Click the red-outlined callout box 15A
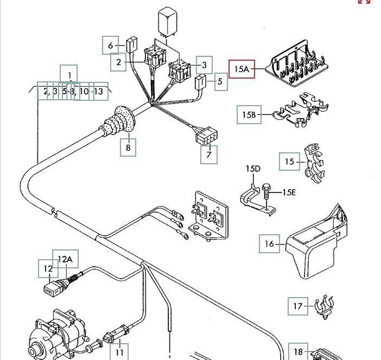click(242, 69)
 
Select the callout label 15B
click(249, 115)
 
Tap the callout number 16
click(269, 244)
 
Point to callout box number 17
click(297, 306)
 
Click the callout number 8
click(128, 147)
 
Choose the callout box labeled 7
click(208, 155)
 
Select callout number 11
click(119, 352)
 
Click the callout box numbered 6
click(111, 45)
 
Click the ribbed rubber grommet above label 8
click(118, 121)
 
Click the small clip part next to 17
click(323, 307)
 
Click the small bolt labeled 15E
click(266, 195)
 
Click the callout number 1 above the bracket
click(69, 74)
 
